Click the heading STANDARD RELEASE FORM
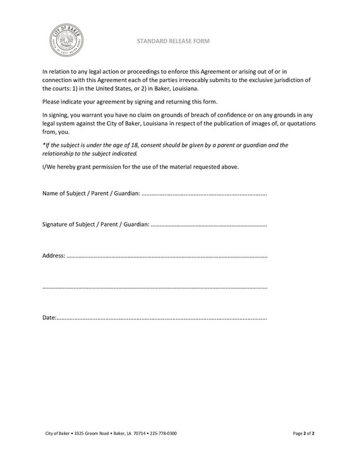pos(172,41)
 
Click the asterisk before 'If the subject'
pos(44,144)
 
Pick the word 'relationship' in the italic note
pos(59,153)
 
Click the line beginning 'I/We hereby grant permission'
pos(140,167)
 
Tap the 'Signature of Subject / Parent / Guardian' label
pos(95,224)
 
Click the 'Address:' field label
pos(54,256)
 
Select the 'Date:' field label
pos(49,318)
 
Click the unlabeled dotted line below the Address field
pos(155,288)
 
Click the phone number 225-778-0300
pos(163,433)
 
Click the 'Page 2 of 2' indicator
pos(304,433)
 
